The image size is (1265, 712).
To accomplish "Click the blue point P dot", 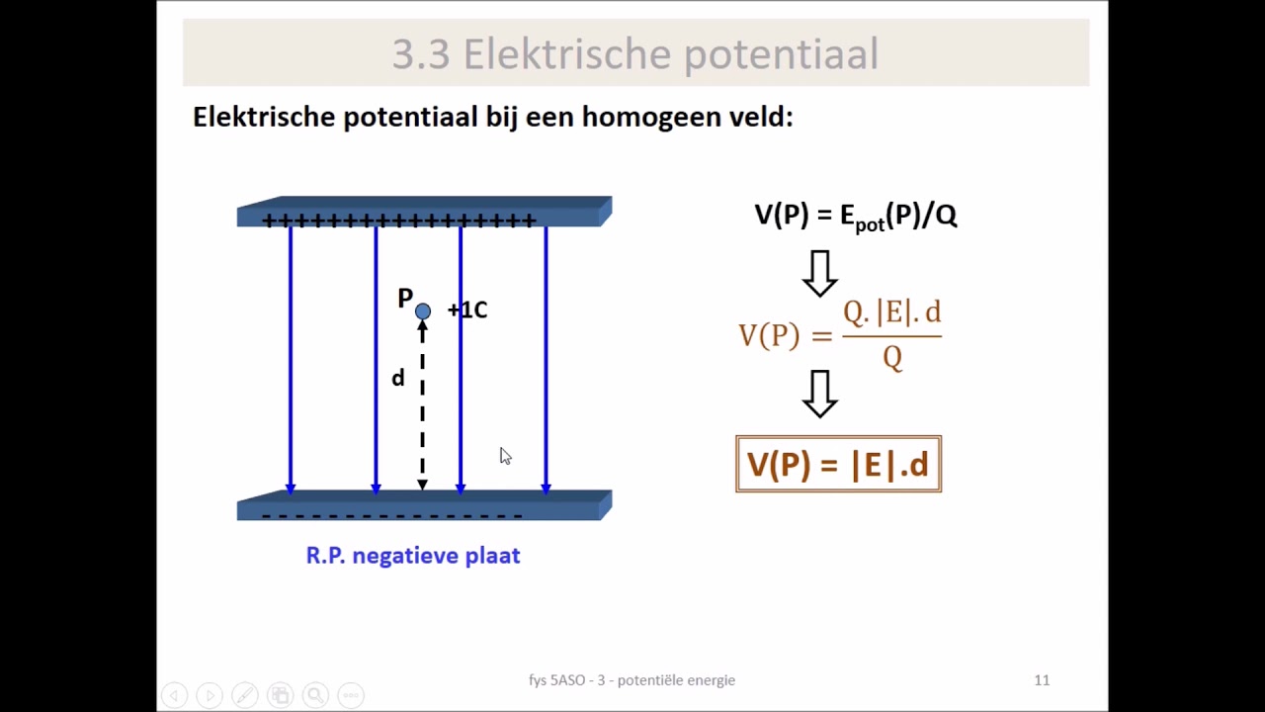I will click(423, 311).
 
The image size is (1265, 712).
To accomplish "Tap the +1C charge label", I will click(467, 311).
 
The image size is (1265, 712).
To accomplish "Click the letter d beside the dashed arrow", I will click(398, 378).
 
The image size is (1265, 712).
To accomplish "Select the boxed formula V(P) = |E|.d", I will click(838, 464).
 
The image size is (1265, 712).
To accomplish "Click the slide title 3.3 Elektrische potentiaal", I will click(634, 54).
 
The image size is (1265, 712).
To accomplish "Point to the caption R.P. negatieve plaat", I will click(413, 556).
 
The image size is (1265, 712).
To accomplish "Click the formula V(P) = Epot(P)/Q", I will click(855, 216).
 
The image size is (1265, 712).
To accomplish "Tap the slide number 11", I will click(1042, 680).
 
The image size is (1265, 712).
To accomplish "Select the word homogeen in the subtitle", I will click(643, 117).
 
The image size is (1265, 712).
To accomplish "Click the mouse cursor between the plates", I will click(505, 456).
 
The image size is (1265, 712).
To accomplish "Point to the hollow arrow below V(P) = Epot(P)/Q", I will click(820, 273).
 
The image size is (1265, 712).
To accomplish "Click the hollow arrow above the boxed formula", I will click(820, 394).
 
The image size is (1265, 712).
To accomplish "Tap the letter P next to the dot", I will click(405, 298).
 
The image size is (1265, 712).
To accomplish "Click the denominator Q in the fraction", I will click(892, 357).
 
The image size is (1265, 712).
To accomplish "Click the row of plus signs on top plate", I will click(399, 221).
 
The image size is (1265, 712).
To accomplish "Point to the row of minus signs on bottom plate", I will click(392, 515).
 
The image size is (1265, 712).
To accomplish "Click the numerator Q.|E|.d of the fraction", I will click(891, 312).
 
